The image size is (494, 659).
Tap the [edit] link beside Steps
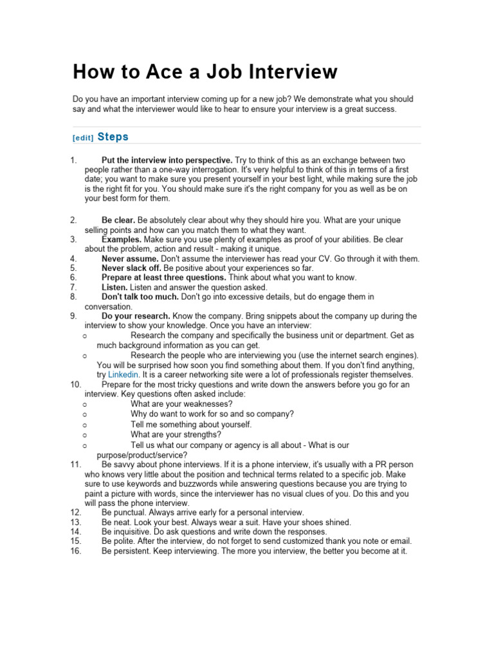pos(83,138)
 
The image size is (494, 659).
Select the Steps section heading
pos(113,136)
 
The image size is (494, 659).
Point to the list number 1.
pos(73,160)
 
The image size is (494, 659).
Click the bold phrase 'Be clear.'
pos(118,220)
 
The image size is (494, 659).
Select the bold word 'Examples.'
pos(122,239)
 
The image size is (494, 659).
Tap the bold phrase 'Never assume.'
pos(130,259)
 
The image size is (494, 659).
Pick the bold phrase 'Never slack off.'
pos(131,268)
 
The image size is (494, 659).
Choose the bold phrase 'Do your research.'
pos(136,316)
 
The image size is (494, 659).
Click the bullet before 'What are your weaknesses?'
pos(85,404)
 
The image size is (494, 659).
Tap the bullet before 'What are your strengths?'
pos(85,435)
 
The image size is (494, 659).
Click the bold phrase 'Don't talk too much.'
pos(140,297)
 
